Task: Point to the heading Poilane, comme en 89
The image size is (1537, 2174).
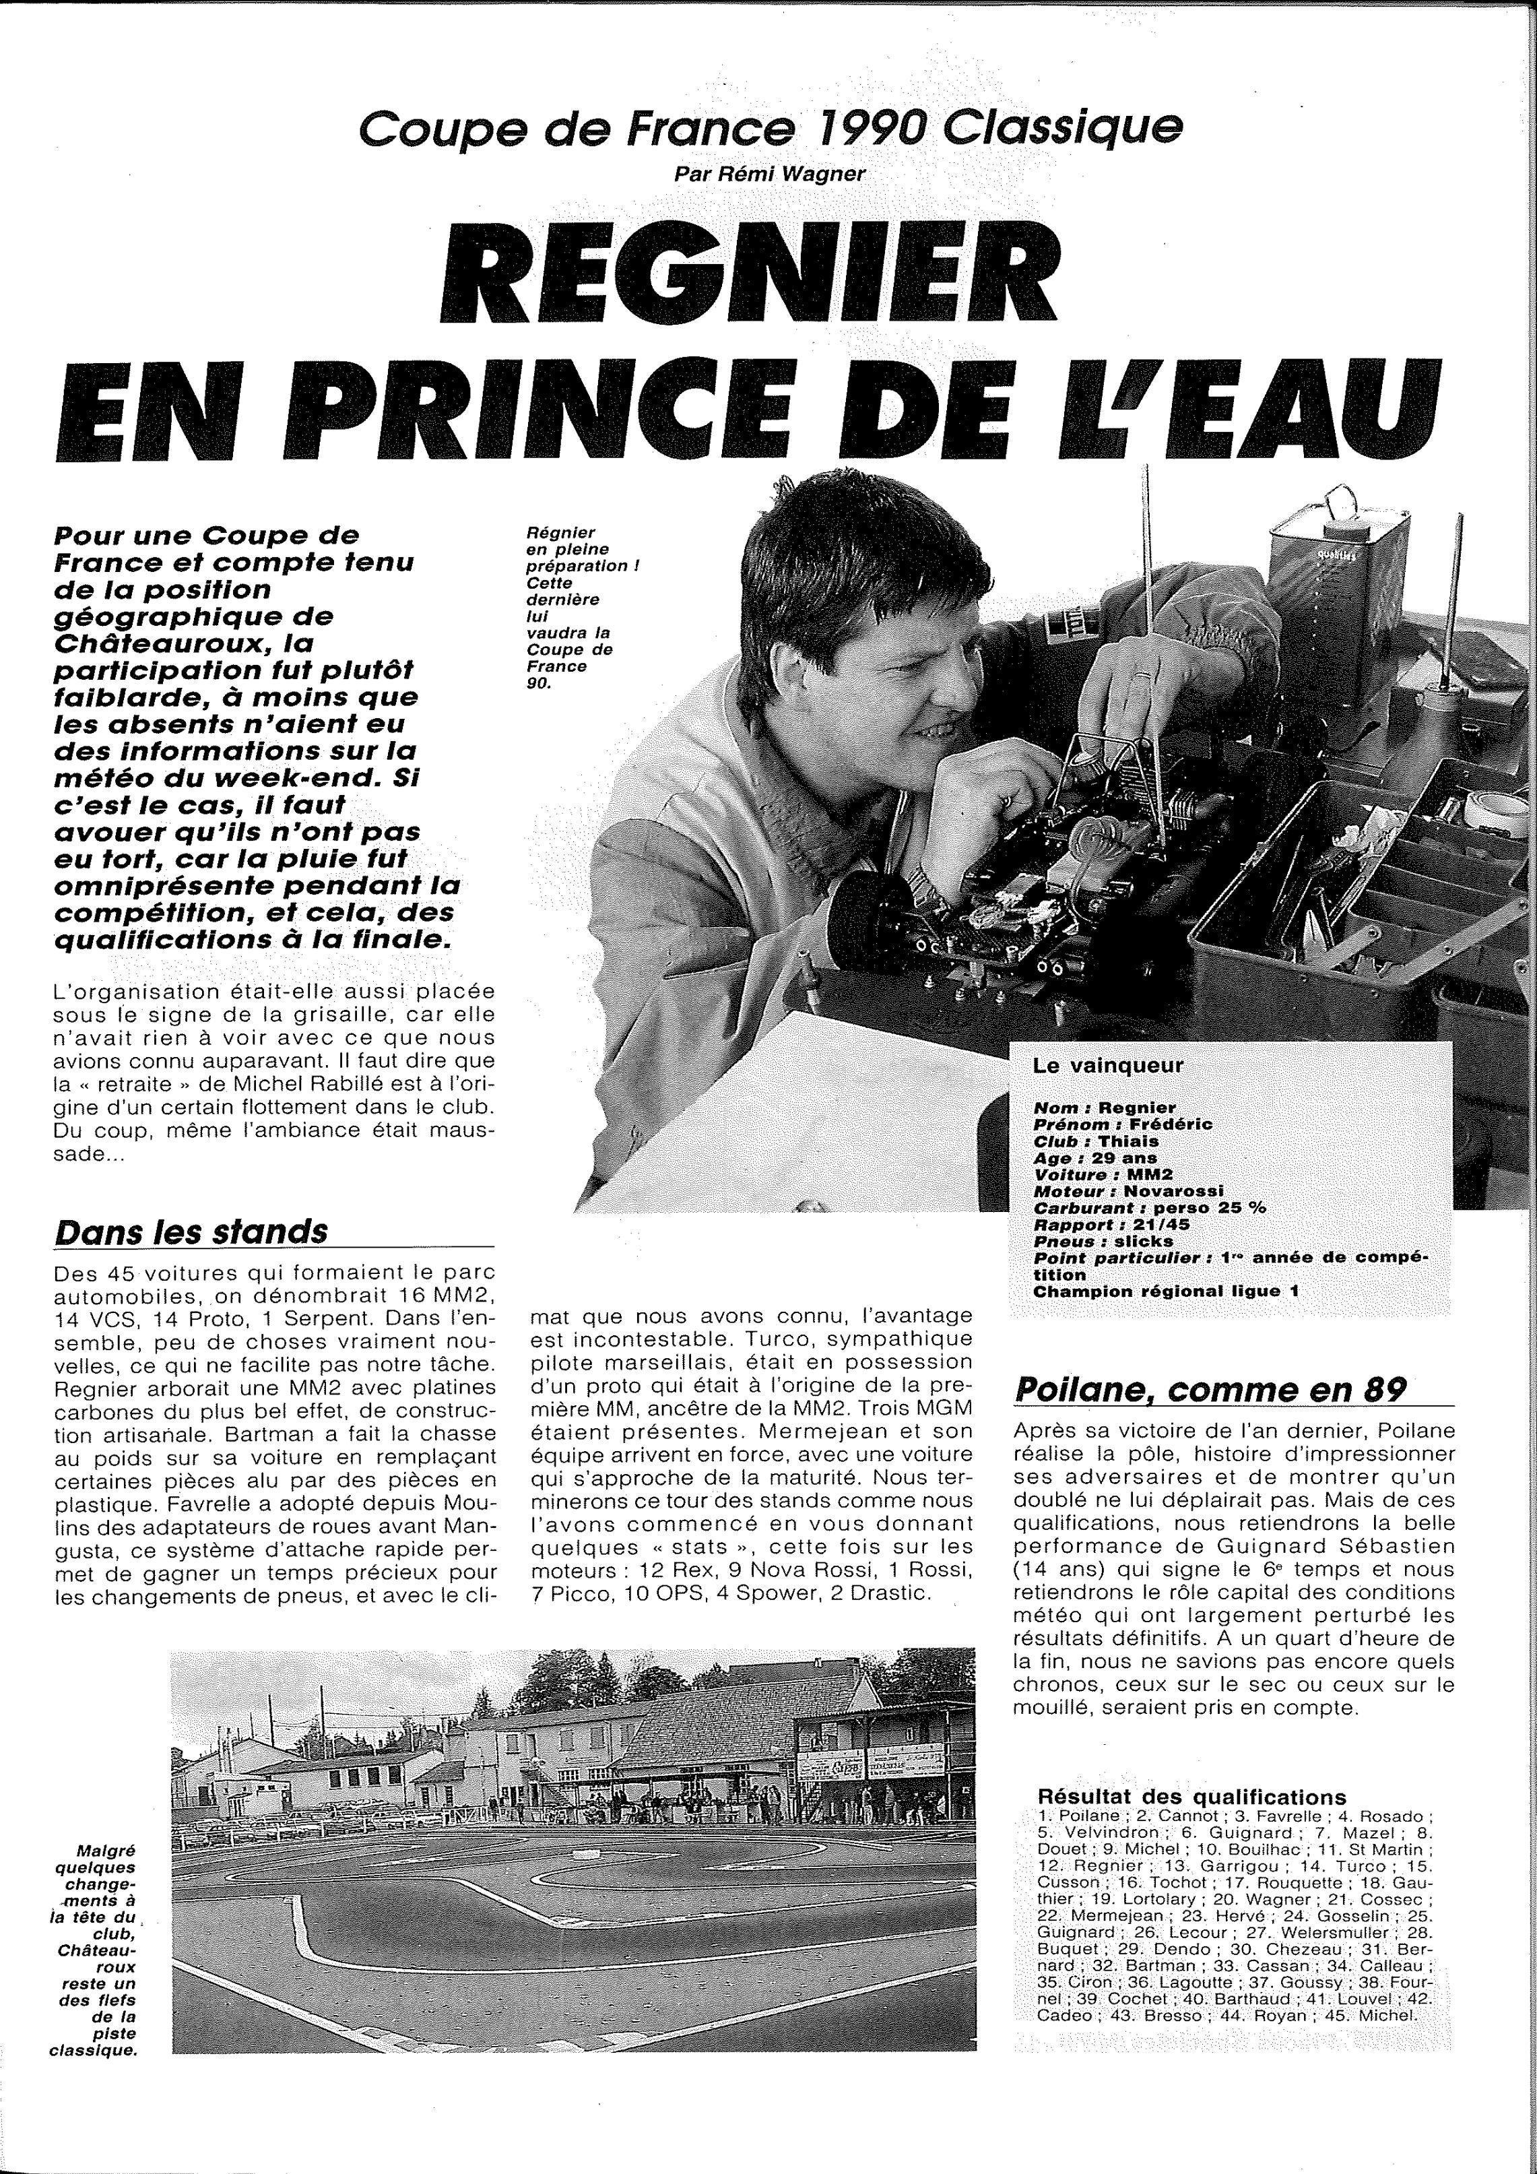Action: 1210,1389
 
